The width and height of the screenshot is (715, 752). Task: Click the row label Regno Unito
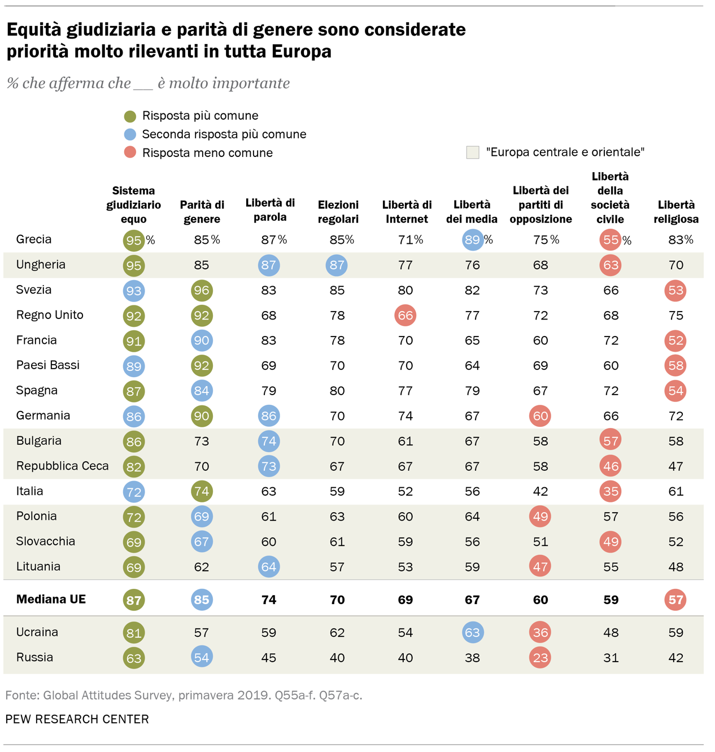click(50, 315)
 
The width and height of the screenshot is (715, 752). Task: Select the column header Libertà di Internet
click(407, 212)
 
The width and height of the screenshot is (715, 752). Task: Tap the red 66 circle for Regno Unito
click(406, 316)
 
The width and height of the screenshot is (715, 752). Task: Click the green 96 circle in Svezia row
click(202, 291)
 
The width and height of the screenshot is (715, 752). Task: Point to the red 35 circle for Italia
click(611, 491)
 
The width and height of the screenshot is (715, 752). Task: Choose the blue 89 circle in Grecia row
click(472, 240)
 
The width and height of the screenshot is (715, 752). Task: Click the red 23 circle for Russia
click(540, 658)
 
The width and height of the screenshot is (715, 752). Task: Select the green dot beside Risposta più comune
click(130, 116)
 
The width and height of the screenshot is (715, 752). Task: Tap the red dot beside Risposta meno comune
click(130, 152)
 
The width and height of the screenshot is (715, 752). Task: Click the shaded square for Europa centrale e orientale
click(473, 152)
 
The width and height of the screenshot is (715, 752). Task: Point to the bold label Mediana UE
click(51, 600)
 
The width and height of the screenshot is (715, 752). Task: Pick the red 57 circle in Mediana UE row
click(675, 600)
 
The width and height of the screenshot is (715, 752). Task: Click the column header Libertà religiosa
click(676, 212)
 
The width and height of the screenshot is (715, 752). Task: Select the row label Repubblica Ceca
click(62, 466)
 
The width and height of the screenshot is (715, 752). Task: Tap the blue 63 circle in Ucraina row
click(472, 632)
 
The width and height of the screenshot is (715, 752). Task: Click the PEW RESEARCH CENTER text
click(77, 719)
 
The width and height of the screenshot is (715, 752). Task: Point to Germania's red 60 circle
click(540, 416)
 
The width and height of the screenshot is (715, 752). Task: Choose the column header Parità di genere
click(202, 212)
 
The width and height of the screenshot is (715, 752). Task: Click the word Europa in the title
click(301, 51)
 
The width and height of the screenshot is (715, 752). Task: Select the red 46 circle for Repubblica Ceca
click(611, 466)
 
